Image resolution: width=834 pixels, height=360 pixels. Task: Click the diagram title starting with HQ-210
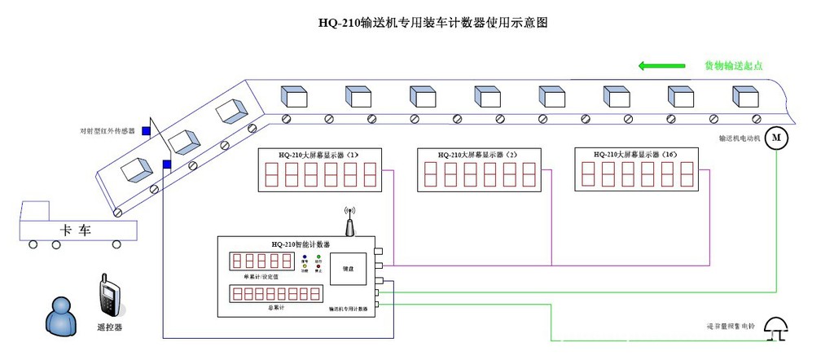click(433, 23)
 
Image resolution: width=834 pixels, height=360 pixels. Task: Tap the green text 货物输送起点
click(733, 66)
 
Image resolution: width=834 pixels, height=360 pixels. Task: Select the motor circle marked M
click(776, 137)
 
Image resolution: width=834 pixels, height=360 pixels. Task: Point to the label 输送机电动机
click(739, 138)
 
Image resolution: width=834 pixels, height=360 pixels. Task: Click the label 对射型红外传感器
click(107, 130)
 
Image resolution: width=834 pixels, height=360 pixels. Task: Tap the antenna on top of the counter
click(349, 221)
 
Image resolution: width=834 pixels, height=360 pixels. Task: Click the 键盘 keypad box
click(347, 270)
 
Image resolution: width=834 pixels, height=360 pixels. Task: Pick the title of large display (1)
click(318, 154)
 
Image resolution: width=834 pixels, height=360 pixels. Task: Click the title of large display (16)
click(636, 153)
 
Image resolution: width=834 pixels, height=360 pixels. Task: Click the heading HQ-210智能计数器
click(301, 244)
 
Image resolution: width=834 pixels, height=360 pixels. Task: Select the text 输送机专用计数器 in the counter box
click(349, 310)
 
